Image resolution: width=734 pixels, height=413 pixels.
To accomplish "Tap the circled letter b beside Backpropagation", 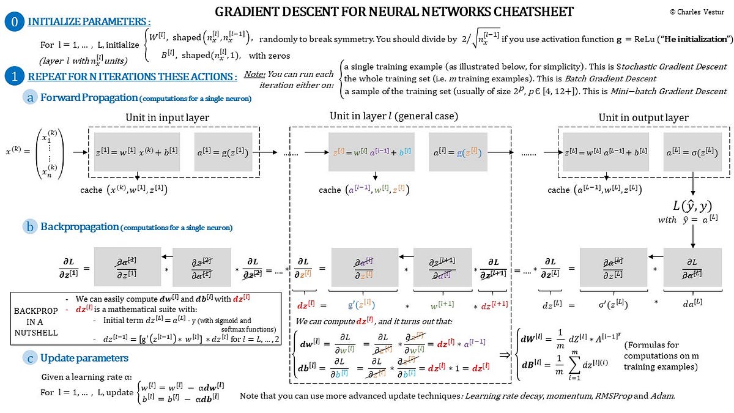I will pyautogui.click(x=30, y=227).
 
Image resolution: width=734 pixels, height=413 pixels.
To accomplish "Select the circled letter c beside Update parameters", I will pyautogui.click(x=30, y=358).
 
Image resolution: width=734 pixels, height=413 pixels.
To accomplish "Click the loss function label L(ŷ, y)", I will pyautogui.click(x=692, y=206).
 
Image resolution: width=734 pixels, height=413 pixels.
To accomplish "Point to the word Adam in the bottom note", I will pyautogui.click(x=664, y=396).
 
